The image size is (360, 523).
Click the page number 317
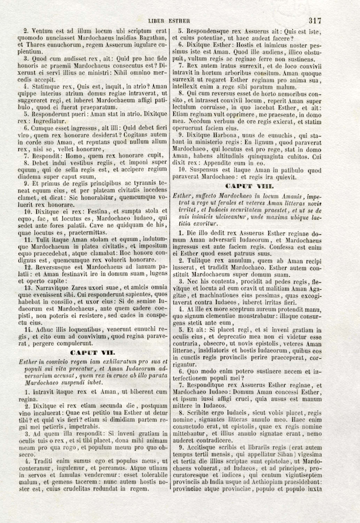pyautogui.click(x=314, y=20)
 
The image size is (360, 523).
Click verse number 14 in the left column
pyautogui.click(x=29, y=329)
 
